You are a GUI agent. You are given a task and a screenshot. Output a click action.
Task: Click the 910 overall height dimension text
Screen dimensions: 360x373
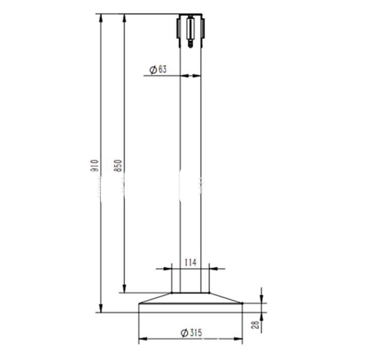tap(94, 165)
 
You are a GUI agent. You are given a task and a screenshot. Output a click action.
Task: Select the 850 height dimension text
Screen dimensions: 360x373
tap(118, 165)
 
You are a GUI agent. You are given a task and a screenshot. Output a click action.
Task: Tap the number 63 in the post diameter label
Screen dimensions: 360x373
tap(162, 70)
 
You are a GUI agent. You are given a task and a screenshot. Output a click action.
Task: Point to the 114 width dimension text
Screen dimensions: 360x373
tap(190, 262)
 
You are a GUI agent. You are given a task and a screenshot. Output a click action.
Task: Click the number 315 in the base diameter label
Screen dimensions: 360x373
tap(195, 333)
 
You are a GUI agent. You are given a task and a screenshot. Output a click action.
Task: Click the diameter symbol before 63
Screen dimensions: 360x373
tap(153, 70)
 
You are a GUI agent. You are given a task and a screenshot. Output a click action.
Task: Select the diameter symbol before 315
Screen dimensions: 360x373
tap(184, 333)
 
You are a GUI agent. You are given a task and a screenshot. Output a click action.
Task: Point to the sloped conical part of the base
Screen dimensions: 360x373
tap(154, 298)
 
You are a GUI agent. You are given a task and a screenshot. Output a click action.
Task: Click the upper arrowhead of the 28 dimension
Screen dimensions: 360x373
tap(262, 300)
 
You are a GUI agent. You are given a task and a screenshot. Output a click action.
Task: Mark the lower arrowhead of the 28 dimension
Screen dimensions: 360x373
tap(262, 315)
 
